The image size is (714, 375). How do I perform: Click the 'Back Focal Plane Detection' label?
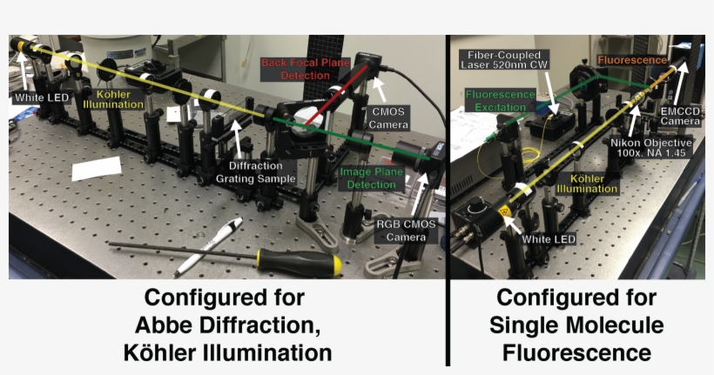(306, 69)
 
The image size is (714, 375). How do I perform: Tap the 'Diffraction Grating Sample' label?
(256, 172)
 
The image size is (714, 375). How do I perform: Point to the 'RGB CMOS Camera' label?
(407, 231)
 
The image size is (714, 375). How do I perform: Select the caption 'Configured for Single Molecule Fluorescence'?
(576, 325)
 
